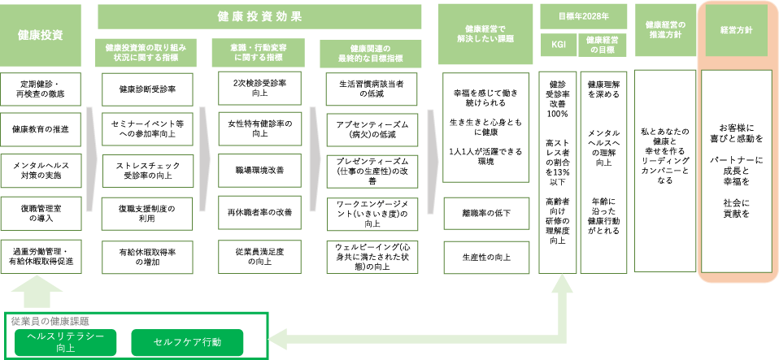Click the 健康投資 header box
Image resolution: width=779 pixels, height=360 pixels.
(x=41, y=35)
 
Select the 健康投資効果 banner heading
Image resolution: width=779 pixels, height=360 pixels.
(x=259, y=15)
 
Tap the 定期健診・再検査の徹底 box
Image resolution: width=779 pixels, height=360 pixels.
(x=41, y=89)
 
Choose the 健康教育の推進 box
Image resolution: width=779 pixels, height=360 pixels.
(x=41, y=129)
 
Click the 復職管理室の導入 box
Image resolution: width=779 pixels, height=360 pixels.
(x=41, y=213)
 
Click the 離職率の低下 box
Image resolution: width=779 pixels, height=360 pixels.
(x=485, y=213)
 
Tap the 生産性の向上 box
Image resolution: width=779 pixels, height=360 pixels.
(x=485, y=257)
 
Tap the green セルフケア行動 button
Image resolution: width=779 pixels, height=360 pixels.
(x=186, y=342)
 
